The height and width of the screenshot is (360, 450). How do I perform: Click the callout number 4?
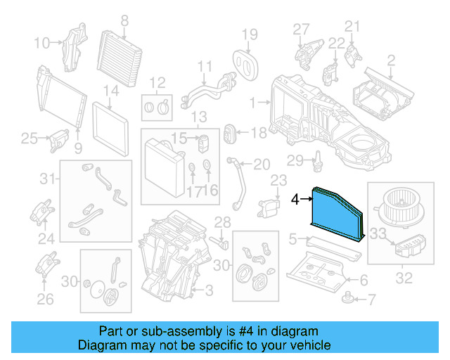tap(296, 200)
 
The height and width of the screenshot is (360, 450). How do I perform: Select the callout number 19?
tap(250, 34)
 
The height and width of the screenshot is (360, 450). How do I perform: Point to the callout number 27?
tap(301, 29)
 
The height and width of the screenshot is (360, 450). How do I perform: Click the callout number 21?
tap(352, 27)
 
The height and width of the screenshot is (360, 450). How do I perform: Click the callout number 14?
tap(111, 91)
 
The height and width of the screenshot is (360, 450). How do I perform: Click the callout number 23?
tap(279, 181)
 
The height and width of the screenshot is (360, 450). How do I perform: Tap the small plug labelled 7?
tap(348, 299)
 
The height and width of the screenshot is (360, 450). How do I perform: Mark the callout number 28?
tap(222, 223)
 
